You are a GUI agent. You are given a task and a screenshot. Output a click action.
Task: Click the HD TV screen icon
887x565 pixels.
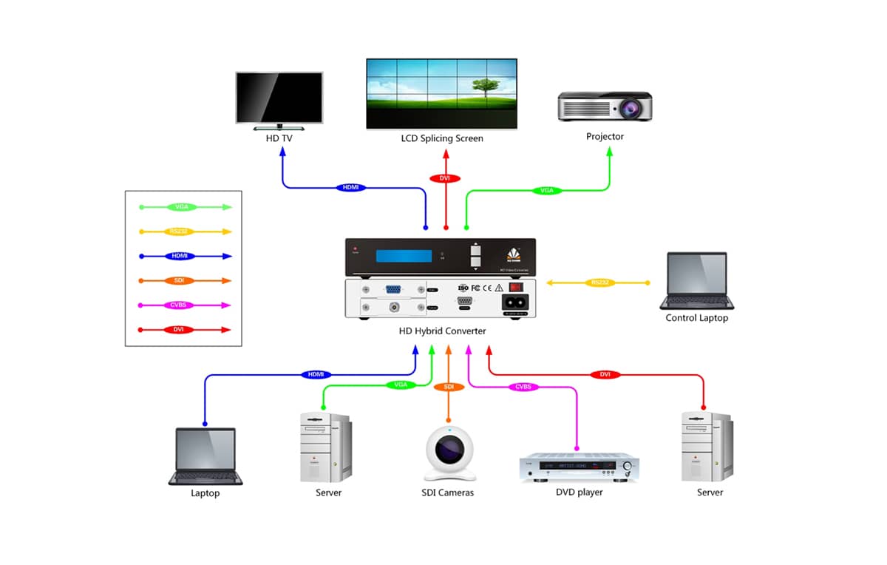(x=279, y=98)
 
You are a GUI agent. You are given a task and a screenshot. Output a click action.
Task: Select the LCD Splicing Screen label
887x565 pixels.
(x=442, y=138)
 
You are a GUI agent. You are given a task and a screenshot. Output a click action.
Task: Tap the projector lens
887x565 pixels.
(x=630, y=109)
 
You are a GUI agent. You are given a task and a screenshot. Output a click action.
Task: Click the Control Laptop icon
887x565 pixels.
(x=696, y=281)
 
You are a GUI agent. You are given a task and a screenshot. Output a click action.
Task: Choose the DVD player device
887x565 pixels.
(x=579, y=468)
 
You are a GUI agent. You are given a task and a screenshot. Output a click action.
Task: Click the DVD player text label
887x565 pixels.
(x=579, y=492)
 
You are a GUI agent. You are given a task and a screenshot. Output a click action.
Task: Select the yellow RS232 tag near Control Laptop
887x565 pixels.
(x=597, y=282)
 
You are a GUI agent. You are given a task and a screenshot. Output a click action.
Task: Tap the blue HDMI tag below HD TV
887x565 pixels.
(x=350, y=187)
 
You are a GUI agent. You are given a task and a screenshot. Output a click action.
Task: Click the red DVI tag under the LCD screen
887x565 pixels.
(x=445, y=178)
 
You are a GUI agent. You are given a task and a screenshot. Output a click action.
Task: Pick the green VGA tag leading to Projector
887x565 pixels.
(x=546, y=191)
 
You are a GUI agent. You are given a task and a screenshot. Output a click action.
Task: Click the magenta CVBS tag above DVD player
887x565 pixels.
(x=523, y=387)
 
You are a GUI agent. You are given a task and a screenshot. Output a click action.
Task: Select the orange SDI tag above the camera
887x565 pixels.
(x=449, y=387)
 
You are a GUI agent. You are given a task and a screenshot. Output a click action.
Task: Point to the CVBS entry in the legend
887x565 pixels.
(x=178, y=305)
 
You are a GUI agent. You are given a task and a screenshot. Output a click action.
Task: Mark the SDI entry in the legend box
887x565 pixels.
(x=178, y=280)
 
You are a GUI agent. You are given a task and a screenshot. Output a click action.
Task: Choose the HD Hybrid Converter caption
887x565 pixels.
(x=442, y=331)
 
